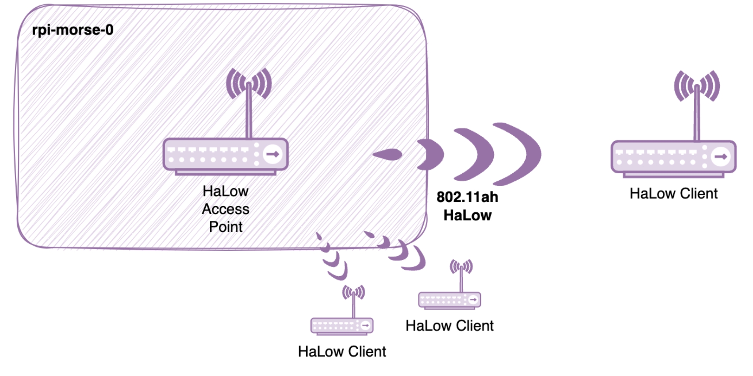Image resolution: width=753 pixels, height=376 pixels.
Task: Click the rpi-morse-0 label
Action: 72,30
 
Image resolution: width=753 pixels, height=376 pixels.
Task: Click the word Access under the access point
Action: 226,209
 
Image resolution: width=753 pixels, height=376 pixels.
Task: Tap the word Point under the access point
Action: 226,227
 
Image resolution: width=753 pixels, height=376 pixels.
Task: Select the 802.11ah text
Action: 467,197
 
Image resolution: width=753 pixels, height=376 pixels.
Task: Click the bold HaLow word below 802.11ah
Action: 467,215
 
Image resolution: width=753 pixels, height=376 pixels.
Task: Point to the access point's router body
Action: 217,155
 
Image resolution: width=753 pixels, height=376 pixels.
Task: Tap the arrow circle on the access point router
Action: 273,154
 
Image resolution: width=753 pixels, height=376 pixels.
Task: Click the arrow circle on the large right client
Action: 720,157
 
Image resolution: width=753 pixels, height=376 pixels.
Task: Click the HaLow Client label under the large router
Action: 673,193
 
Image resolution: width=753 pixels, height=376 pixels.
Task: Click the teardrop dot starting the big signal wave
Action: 388,155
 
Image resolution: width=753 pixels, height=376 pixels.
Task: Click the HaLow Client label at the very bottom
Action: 342,351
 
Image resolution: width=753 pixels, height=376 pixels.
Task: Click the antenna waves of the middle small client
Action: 461,266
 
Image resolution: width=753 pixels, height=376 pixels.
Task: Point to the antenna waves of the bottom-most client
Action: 353,292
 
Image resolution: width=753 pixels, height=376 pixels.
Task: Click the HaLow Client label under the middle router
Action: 449,326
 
